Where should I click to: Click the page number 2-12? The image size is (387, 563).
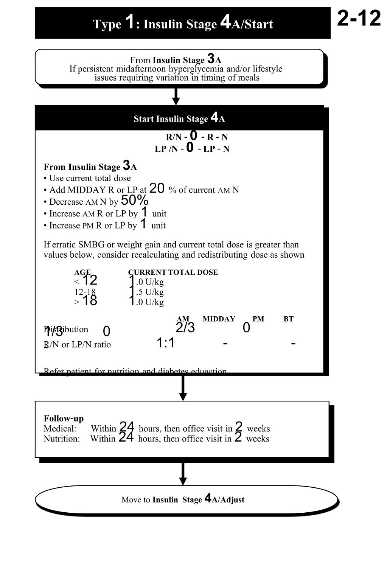click(359, 18)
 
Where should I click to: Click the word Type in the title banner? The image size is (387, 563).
click(107, 24)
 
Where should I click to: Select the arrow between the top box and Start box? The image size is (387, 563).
click(176, 96)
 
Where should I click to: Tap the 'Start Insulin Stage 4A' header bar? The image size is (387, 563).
click(179, 118)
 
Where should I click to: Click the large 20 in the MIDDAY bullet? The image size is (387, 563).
click(157, 188)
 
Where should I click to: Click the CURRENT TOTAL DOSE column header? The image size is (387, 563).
click(173, 272)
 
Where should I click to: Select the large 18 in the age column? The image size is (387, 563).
click(90, 300)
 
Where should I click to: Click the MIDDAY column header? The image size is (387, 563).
click(219, 319)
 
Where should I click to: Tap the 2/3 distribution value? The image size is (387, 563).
click(185, 328)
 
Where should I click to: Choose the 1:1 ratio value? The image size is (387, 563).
click(165, 343)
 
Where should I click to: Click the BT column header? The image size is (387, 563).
click(289, 319)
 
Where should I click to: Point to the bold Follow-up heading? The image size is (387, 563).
click(64, 418)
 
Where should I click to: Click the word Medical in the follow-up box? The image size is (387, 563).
click(60, 429)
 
